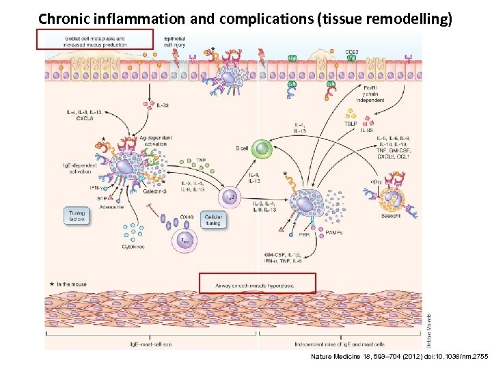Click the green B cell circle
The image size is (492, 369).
pyautogui.click(x=261, y=149)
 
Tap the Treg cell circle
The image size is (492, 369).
pyautogui.click(x=185, y=240)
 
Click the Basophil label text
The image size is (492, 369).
pyautogui.click(x=392, y=217)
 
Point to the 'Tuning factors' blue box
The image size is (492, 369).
pyautogui.click(x=77, y=216)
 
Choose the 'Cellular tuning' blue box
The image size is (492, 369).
pyautogui.click(x=213, y=220)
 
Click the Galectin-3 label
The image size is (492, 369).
pyautogui.click(x=156, y=192)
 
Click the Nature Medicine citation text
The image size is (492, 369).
pyautogui.click(x=399, y=357)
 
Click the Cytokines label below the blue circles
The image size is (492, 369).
pyautogui.click(x=133, y=246)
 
